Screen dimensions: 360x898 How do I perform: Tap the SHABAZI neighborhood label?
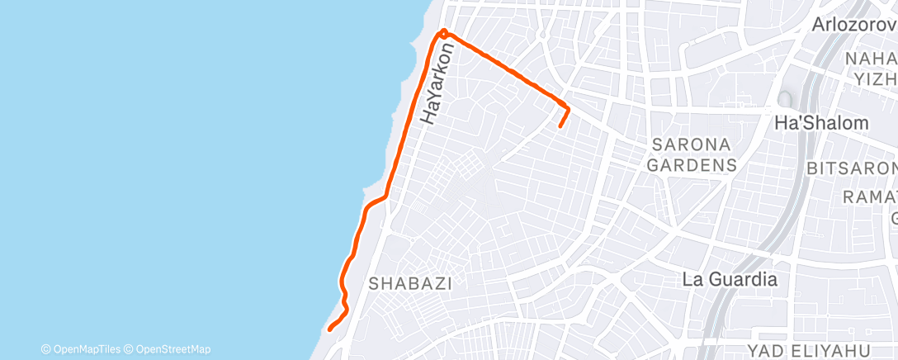click(410, 284)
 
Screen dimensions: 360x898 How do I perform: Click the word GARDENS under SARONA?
click(692, 165)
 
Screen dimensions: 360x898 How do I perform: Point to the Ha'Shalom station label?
click(821, 123)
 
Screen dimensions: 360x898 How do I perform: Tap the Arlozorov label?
click(854, 25)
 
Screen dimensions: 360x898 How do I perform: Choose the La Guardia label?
click(730, 279)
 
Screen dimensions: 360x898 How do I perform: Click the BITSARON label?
click(851, 168)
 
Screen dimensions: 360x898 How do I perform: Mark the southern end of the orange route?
click(329, 329)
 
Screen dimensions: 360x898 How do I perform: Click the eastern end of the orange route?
click(560, 126)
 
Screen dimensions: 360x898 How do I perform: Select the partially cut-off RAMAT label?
click(870, 197)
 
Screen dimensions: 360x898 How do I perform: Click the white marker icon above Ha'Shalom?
click(783, 99)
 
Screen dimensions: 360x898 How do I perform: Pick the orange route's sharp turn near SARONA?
click(568, 107)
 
